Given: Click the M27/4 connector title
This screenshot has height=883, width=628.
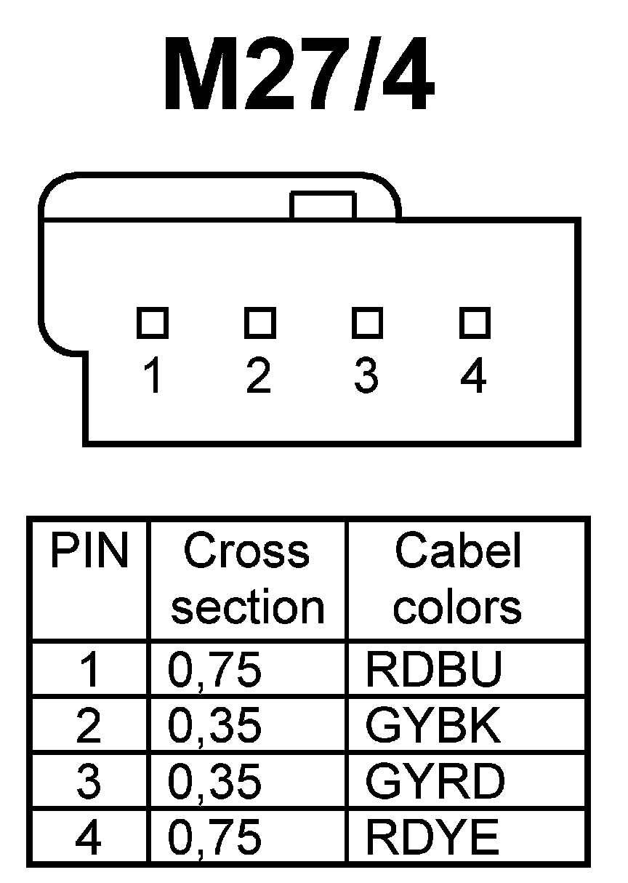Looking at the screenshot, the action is tap(299, 75).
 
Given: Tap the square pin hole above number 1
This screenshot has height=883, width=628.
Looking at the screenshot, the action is tap(153, 321).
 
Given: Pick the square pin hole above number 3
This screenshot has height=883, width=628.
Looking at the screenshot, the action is tap(367, 321).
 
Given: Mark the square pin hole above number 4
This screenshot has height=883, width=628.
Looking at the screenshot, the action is tap(475, 321).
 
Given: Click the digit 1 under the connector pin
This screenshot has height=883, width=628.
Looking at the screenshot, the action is tap(153, 377).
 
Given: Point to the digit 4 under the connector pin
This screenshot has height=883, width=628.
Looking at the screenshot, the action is tap(474, 377).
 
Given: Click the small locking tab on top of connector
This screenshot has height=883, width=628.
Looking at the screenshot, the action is tap(323, 205).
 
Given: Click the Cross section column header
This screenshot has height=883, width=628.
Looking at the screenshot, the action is tap(247, 579).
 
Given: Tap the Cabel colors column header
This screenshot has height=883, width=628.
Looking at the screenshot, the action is tap(458, 579).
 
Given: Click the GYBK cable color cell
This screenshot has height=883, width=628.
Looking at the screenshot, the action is tap(433, 727).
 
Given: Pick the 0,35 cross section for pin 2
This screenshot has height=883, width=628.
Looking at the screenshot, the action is tap(214, 727).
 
